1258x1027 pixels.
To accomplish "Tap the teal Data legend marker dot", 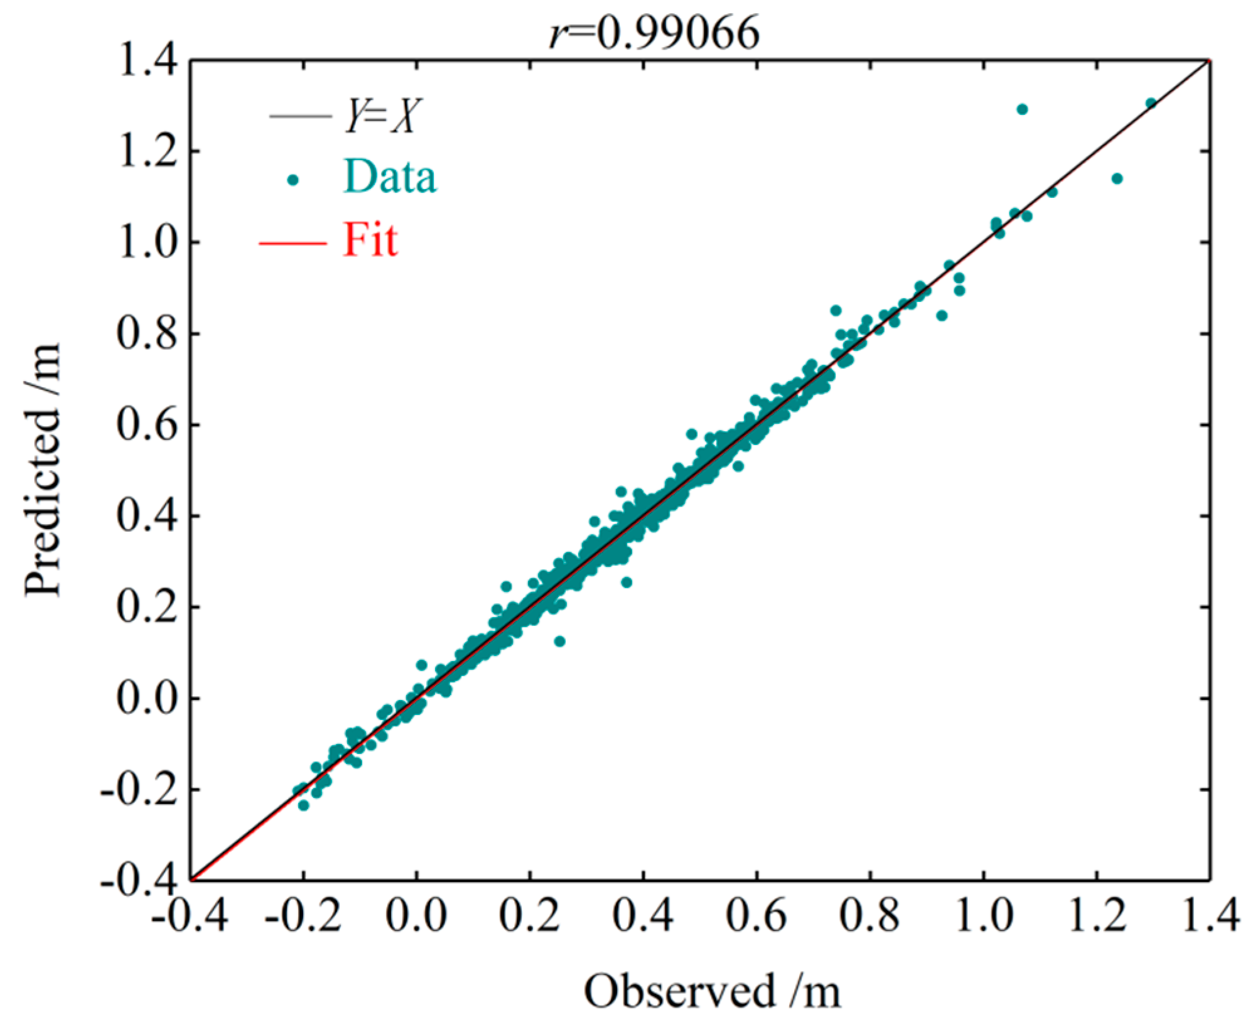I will point(293,180).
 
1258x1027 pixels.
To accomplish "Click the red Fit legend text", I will point(370,240).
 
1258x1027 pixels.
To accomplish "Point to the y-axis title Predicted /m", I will point(43,470).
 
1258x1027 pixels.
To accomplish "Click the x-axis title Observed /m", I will point(712,991).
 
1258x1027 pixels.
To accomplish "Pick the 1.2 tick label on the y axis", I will point(148,151).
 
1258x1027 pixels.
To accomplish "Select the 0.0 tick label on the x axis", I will point(416,916).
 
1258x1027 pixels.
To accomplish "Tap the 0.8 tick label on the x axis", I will point(870,916).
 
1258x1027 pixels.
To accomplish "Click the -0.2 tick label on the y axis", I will point(139,789).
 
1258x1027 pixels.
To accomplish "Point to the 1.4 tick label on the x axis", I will point(1210,916).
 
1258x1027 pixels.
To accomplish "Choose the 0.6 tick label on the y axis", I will point(148,425).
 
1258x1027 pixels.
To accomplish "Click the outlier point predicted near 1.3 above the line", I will point(1022,109).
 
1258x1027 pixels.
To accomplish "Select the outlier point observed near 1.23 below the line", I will point(1117,179).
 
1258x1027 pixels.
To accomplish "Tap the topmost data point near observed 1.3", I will point(1151,103).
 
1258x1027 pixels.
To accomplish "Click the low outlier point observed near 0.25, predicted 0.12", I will point(560,641).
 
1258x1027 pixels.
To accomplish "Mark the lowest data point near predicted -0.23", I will point(303,805).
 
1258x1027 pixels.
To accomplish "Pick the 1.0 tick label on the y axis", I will point(148,242).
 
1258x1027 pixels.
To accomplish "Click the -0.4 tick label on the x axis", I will point(190,916).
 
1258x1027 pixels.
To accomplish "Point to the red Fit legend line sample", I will point(293,242).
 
